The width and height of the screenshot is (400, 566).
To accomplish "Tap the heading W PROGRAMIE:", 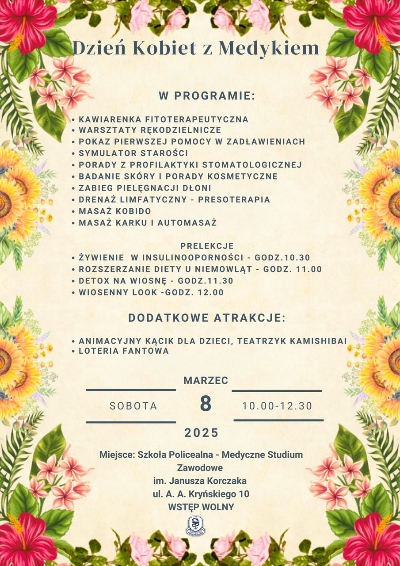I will (207, 96).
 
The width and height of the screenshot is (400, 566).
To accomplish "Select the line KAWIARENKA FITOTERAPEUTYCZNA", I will (164, 119).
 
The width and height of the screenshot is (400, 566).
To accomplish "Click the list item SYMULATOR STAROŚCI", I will (133, 153).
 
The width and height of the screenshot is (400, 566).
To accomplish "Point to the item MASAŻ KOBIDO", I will (115, 211).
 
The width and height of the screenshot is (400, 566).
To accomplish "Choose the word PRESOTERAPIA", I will (234, 199).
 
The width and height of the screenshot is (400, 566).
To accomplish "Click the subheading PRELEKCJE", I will (207, 246).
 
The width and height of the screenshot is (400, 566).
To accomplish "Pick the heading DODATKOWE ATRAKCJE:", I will (207, 318).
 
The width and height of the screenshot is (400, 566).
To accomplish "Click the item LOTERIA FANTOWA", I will (124, 351).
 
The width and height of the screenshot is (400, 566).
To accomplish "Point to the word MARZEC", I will (206, 380).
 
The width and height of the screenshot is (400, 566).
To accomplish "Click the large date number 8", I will (206, 404).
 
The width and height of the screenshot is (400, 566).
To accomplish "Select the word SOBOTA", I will (133, 406).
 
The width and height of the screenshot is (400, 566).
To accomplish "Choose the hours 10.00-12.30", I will (277, 406).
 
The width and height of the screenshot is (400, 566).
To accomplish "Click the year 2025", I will (202, 433).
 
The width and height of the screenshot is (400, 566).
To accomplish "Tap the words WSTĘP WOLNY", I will (201, 507).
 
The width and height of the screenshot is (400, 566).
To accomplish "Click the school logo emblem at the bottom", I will (195, 526).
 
